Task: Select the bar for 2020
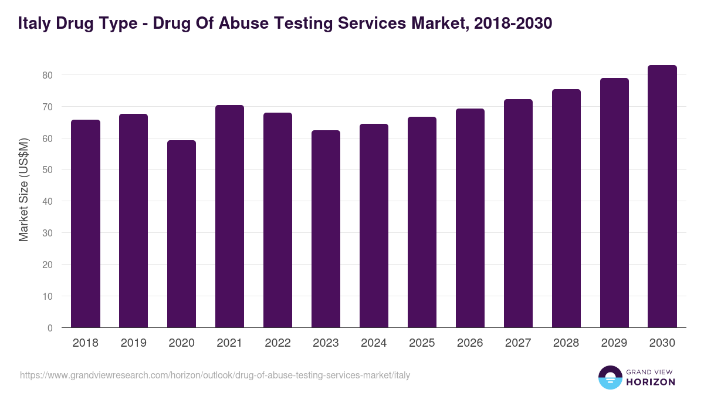tap(181, 234)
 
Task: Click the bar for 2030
tap(662, 197)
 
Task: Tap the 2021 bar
tap(229, 216)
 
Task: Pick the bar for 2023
tap(326, 229)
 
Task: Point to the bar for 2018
tap(85, 224)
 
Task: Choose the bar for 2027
tap(518, 214)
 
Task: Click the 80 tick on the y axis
tap(48, 75)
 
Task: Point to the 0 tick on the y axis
tap(50, 328)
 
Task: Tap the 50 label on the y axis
tap(48, 170)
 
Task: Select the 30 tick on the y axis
tap(48, 233)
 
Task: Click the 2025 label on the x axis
tap(422, 343)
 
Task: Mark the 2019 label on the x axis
tap(133, 343)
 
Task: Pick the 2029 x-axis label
tap(614, 343)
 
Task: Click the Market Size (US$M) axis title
tap(23, 189)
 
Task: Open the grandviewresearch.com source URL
tap(215, 375)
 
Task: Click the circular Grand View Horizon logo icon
tap(610, 377)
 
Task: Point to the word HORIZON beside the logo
tap(651, 382)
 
